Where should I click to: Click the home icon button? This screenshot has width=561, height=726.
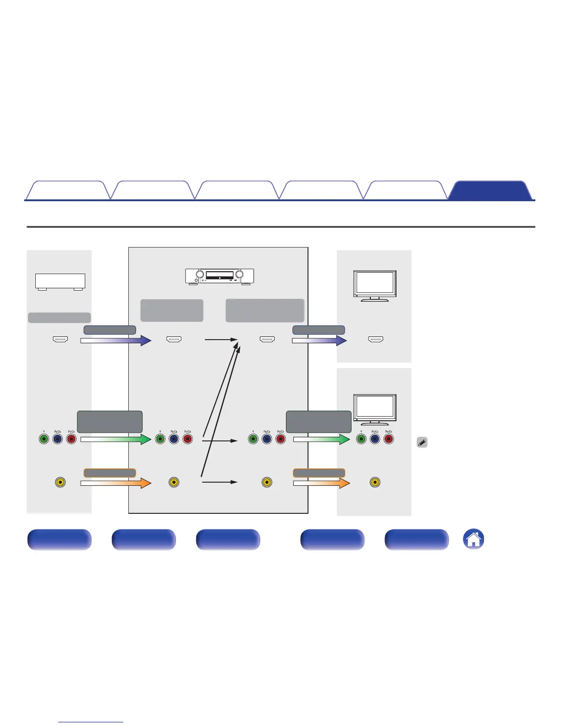(x=474, y=539)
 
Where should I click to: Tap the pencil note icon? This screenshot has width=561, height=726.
(x=422, y=443)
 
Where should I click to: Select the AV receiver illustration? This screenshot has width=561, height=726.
(x=220, y=276)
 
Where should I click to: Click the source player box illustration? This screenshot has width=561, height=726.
(x=60, y=281)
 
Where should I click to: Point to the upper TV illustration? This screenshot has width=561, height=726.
(x=375, y=286)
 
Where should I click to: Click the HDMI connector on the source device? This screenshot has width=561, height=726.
(x=60, y=340)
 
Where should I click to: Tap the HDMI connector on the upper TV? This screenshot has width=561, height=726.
(x=376, y=340)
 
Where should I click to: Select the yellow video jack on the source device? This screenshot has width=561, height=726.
(x=60, y=482)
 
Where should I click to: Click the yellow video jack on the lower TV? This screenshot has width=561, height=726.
(x=375, y=482)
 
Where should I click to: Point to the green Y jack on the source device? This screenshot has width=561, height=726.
(x=44, y=439)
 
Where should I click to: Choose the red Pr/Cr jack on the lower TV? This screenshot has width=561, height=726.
(x=389, y=439)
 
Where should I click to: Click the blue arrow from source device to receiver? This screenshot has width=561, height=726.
(x=116, y=340)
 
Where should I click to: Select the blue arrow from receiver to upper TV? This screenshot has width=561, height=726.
(x=319, y=340)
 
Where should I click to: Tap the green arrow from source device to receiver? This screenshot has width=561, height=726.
(x=116, y=439)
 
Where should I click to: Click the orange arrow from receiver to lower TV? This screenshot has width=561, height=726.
(x=321, y=483)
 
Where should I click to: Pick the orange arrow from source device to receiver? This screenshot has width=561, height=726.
(x=116, y=483)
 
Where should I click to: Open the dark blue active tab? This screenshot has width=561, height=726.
(x=490, y=191)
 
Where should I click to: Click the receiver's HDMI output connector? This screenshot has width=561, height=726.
(x=267, y=340)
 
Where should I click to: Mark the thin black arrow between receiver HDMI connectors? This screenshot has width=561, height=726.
(x=220, y=340)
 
